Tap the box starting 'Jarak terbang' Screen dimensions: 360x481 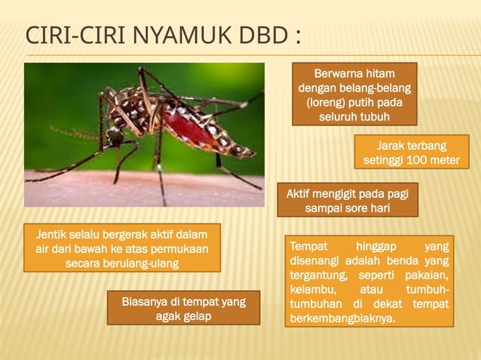pos(411,153)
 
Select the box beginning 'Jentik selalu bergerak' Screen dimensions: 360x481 pos(122,248)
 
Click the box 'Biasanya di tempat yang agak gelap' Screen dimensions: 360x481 pos(183,309)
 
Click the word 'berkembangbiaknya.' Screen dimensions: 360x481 pos(342,318)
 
